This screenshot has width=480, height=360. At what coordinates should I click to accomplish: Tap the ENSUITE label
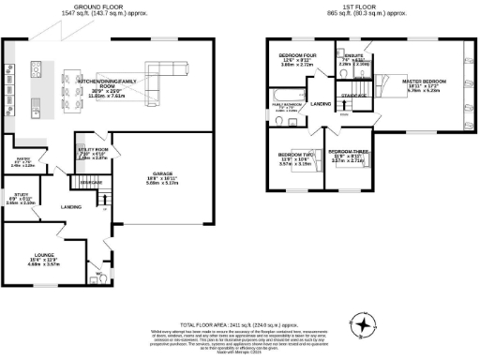point(353,57)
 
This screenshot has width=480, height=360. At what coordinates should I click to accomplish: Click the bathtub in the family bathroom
point(281,97)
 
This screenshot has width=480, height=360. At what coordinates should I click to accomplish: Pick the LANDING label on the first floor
point(321,104)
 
